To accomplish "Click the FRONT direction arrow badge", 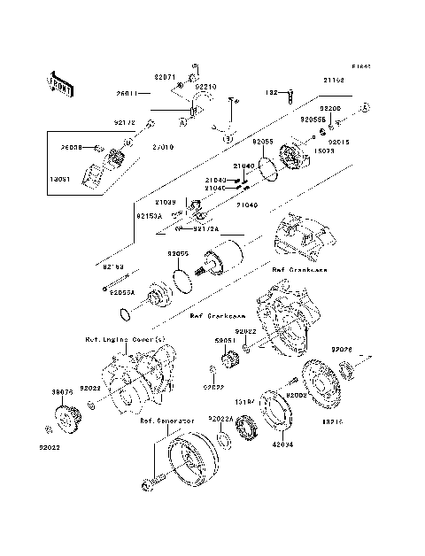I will coord(62,83).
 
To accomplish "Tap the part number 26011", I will coord(128,93).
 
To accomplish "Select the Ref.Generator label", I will coord(166,421).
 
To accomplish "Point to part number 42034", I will coord(282,445).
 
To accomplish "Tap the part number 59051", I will coord(225,339).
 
